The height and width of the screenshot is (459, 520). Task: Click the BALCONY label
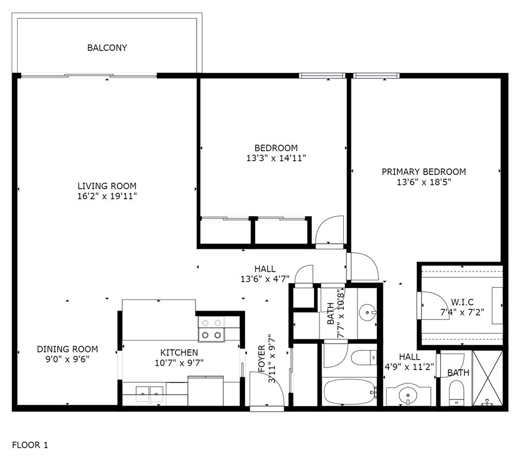[107, 48]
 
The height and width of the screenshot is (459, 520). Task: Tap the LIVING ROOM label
[107, 186]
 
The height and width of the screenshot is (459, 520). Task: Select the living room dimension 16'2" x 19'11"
[107, 196]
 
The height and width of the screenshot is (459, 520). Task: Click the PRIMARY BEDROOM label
[424, 172]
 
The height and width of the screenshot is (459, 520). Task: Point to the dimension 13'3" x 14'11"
[276, 158]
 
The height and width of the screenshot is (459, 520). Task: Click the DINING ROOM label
[67, 349]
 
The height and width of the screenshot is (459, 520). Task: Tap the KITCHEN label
[179, 353]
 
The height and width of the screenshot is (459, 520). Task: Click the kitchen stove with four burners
[212, 329]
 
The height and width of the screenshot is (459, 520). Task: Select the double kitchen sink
[149, 393]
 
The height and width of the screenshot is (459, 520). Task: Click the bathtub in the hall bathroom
[350, 392]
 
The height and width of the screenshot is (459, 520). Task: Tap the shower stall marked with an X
[487, 378]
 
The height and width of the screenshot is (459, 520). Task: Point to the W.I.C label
[462, 302]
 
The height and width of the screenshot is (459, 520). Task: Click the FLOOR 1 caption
[30, 445]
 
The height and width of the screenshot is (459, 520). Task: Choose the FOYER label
[262, 359]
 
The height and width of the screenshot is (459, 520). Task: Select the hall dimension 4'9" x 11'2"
[409, 367]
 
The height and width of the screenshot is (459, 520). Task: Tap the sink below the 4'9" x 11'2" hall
[408, 394]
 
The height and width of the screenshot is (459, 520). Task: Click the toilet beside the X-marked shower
[456, 393]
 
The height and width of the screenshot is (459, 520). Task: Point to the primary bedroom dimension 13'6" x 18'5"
[424, 182]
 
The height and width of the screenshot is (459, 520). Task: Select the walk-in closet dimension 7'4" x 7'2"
[462, 312]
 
